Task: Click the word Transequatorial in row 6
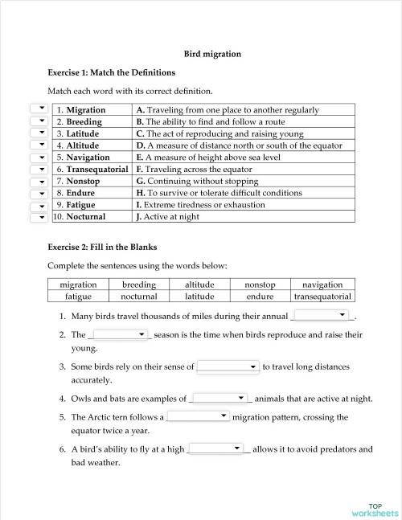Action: click(97, 170)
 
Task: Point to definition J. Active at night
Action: click(167, 217)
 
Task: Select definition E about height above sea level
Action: click(208, 158)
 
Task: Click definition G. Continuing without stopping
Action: click(197, 182)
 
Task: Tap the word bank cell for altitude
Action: click(199, 285)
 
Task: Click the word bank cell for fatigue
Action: click(78, 297)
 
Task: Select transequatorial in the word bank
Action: click(322, 297)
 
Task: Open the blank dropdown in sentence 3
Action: click(228, 366)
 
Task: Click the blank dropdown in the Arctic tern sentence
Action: click(199, 416)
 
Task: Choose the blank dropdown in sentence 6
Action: click(216, 448)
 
